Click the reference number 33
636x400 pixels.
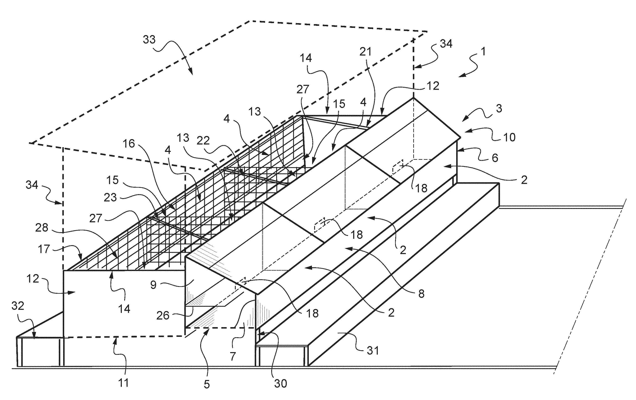point(149,40)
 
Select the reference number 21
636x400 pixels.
point(366,52)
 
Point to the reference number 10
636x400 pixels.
point(509,137)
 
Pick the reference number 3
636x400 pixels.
point(499,108)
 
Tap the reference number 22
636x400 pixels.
point(203,141)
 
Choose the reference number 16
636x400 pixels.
point(129,144)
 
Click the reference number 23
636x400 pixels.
point(110,198)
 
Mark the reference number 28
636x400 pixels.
point(42,228)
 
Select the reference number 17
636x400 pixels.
point(44,249)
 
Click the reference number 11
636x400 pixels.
point(124,383)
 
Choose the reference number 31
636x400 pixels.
point(373,351)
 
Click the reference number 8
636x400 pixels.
point(422,293)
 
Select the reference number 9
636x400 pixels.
point(153,285)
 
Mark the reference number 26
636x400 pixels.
point(163,316)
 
